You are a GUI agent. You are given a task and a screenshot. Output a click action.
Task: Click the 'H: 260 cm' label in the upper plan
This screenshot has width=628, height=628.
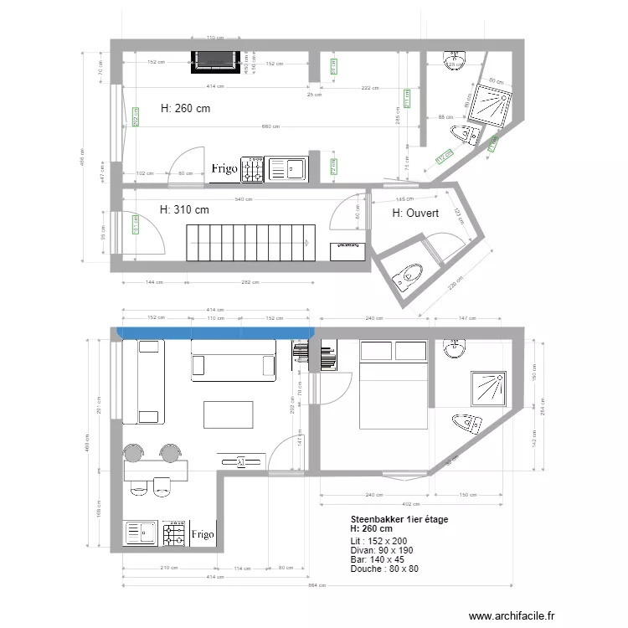point(184,107)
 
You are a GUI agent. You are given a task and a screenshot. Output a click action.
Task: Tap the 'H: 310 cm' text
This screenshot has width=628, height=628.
point(183,209)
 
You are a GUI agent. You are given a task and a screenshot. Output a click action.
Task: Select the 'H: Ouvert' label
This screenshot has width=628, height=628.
point(415,214)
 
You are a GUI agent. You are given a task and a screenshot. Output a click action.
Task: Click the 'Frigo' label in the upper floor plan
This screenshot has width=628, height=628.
point(224,169)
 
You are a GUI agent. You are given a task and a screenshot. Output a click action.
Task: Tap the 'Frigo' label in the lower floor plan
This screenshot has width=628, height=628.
point(202,533)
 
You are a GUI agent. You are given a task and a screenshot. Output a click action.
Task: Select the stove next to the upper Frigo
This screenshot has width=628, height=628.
point(252,169)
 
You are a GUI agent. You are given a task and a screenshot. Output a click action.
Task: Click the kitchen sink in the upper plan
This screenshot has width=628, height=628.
point(287,169)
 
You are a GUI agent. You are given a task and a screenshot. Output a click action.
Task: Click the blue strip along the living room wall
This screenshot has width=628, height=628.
point(214,333)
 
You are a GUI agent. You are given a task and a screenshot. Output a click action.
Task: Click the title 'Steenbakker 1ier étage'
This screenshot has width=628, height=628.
point(399,519)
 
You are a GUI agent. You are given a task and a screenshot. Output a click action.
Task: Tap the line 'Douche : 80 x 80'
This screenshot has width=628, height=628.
point(383,569)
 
